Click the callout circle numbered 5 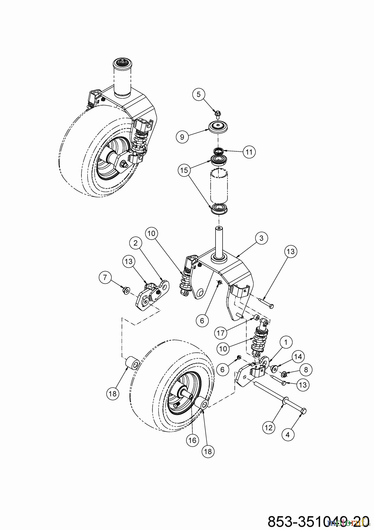click(198, 95)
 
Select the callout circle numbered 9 click(182, 137)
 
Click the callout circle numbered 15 click(184, 170)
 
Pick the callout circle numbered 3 click(261, 238)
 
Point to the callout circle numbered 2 click(136, 243)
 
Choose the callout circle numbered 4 click(288, 434)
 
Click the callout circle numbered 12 click(269, 427)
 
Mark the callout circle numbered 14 click(298, 357)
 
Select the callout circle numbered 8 click(306, 370)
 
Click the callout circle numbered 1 click(286, 342)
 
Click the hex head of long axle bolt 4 click(304, 410)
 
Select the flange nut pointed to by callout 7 click(126, 291)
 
